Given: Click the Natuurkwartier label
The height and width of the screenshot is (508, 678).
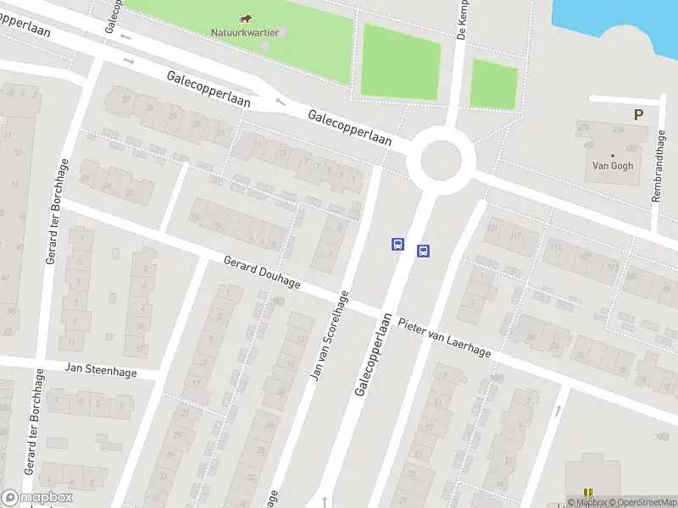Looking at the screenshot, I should tap(244, 33).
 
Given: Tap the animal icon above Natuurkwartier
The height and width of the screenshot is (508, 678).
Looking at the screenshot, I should tap(244, 19).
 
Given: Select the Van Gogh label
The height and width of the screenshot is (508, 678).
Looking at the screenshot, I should tap(612, 166).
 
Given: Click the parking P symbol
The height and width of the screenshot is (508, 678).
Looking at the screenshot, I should tap(637, 114).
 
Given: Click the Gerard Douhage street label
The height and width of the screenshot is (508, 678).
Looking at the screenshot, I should tap(262, 272).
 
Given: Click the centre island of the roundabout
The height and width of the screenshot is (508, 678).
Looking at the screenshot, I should tap(440, 157).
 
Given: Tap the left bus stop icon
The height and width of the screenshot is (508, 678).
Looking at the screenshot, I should tap(397, 244).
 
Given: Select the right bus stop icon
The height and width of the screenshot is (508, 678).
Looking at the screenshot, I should tap(423, 251).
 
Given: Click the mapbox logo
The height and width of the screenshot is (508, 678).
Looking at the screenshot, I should tap(37, 497).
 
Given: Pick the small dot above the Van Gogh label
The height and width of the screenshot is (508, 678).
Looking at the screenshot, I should tap(611, 155).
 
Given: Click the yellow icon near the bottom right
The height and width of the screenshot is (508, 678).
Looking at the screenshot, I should tap(589, 493).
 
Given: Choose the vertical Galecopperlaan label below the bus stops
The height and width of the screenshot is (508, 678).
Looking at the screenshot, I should tap(373, 356).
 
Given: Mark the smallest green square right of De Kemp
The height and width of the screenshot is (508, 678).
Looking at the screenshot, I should tap(493, 84).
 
